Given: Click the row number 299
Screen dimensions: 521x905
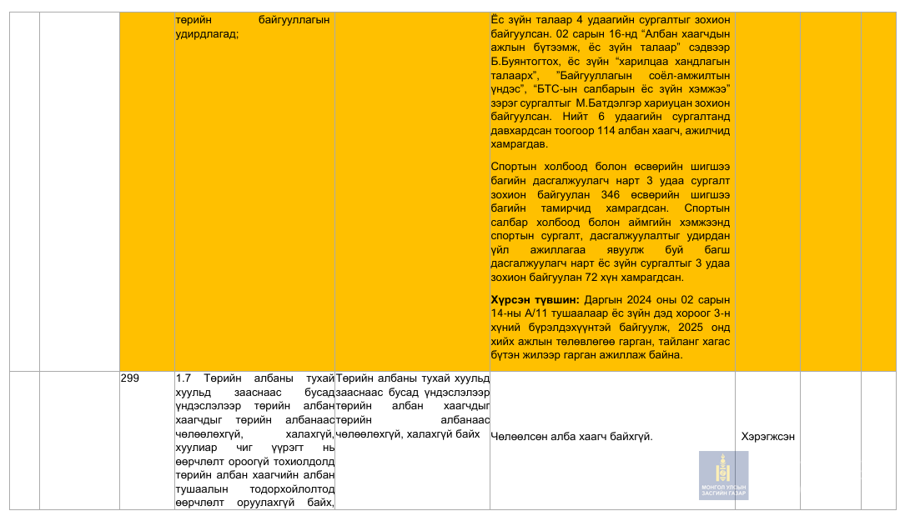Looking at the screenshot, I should click(130, 378).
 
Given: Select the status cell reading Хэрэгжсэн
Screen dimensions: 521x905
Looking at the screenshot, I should click(767, 437).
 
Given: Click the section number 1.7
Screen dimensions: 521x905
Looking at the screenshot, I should click(184, 378).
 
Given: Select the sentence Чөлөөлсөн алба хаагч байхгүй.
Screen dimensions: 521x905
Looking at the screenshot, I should click(571, 437).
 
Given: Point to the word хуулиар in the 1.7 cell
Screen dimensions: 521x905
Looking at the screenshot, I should click(194, 447).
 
